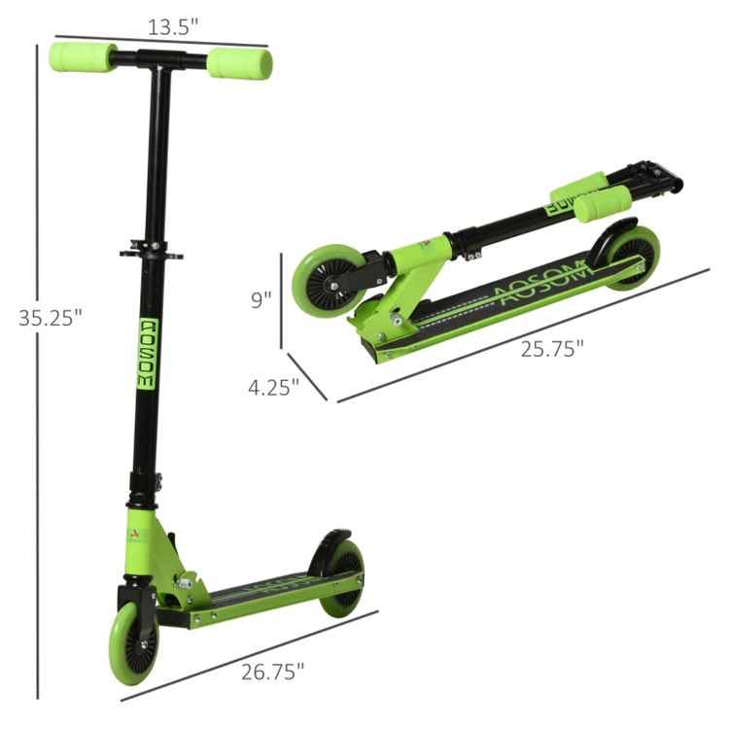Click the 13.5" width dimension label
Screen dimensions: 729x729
[173, 27]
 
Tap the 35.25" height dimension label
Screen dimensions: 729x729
[51, 318]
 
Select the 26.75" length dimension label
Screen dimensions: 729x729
[273, 672]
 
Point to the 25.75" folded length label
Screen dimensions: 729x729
[552, 349]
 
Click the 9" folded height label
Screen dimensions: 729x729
[260, 300]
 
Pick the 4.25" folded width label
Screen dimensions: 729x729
[273, 387]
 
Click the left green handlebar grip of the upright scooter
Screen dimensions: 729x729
[84, 57]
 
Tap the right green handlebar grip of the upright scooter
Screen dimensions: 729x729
[240, 64]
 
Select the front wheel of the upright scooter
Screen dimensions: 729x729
[133, 643]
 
